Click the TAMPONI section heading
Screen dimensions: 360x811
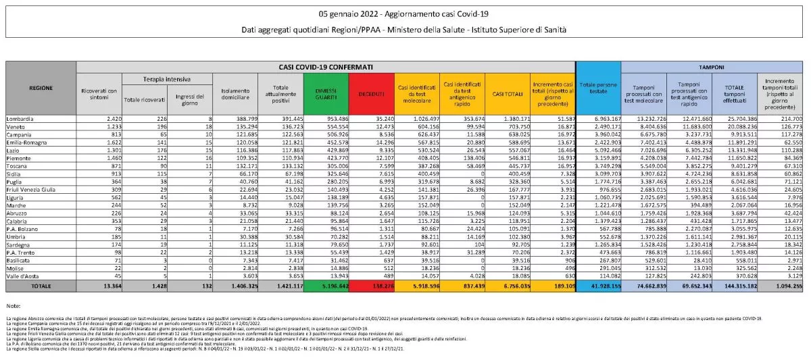[x=712, y=68]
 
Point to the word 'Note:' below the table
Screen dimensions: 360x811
[x=13, y=306]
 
